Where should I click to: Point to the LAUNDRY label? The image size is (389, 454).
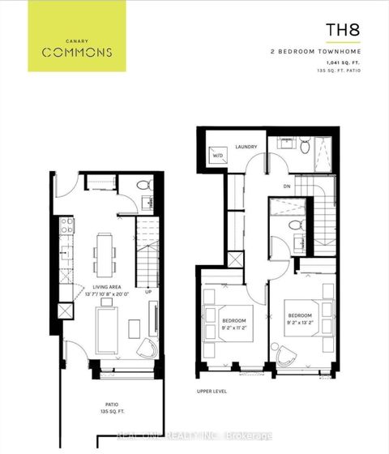click(x=246, y=147)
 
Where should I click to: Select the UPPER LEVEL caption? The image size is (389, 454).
click(x=211, y=391)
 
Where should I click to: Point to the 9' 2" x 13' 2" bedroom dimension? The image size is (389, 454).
click(x=300, y=322)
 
